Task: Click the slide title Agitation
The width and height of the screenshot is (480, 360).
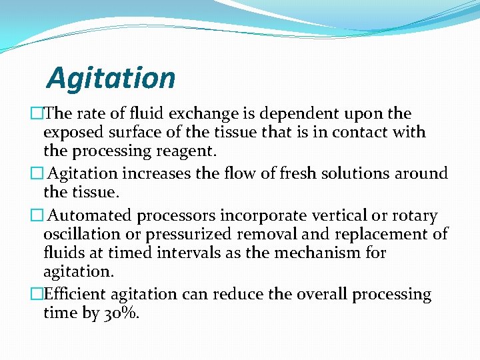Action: point(111,78)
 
